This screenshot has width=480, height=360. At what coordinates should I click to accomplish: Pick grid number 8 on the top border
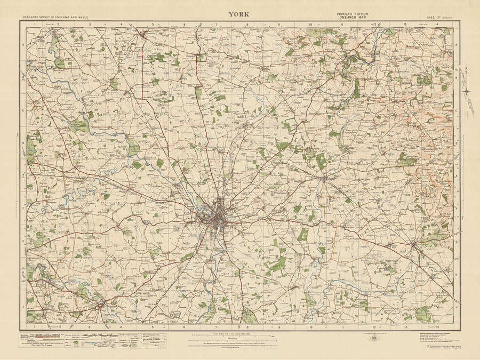(247, 25)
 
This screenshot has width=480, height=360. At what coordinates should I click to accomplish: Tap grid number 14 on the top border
(437, 25)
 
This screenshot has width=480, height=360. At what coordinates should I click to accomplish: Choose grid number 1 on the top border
(34, 25)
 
